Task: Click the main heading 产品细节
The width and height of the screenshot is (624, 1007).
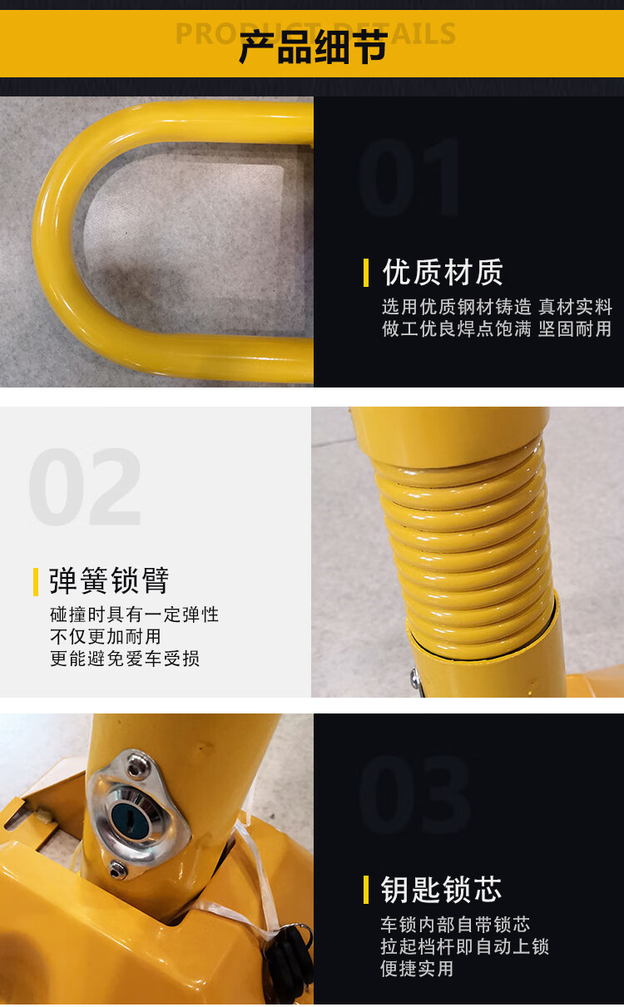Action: [x=313, y=47]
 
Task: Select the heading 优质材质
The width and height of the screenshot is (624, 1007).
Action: [x=443, y=273]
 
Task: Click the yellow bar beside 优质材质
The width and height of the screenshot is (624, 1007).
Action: [x=366, y=273]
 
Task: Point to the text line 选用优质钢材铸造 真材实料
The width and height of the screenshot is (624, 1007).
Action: [x=497, y=307]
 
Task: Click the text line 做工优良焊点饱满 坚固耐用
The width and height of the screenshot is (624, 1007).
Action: [x=497, y=329]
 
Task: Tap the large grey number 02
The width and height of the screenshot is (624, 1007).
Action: [x=85, y=486]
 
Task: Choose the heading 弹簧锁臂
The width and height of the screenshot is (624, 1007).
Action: [x=109, y=580]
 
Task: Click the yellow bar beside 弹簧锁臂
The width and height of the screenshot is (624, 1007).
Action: [x=36, y=582]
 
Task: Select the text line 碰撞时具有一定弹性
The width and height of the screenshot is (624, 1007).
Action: [x=135, y=615]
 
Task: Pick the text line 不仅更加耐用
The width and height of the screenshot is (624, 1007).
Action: [x=106, y=637]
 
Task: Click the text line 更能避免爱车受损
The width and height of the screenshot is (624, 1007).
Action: [x=125, y=659]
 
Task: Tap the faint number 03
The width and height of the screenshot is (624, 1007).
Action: [x=414, y=794]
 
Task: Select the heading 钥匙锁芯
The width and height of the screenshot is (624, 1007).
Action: [x=441, y=890]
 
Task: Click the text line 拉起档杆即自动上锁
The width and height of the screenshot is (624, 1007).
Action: [x=465, y=946]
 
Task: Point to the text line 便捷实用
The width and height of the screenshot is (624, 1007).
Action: [x=417, y=969]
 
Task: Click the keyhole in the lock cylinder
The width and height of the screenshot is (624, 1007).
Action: [x=131, y=820]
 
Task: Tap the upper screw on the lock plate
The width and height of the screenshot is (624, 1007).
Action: [x=135, y=771]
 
